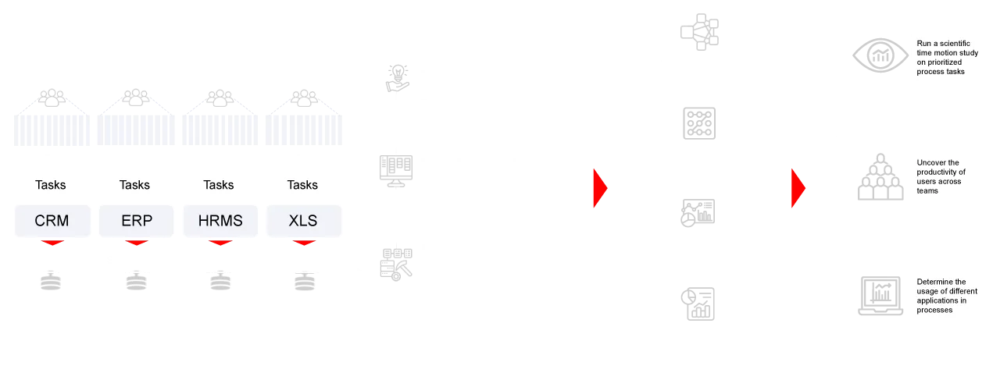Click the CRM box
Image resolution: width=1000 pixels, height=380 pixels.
pyautogui.click(x=52, y=221)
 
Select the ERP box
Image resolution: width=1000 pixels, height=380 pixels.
pyautogui.click(x=137, y=221)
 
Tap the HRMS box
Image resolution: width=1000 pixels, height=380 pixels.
pyautogui.click(x=221, y=221)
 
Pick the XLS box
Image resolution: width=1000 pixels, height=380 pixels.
pyautogui.click(x=302, y=221)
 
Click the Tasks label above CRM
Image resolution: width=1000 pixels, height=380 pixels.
pyautogui.click(x=51, y=185)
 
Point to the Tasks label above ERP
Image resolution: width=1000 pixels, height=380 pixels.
pyautogui.click(x=134, y=185)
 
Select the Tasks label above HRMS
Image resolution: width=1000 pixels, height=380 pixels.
pyautogui.click(x=219, y=185)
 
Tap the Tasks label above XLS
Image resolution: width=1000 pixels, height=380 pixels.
pyautogui.click(x=302, y=185)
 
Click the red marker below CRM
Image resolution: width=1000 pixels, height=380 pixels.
pyautogui.click(x=52, y=245)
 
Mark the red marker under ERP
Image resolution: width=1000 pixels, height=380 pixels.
pyautogui.click(x=136, y=245)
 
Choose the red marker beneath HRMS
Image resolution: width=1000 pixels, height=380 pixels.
pyautogui.click(x=220, y=245)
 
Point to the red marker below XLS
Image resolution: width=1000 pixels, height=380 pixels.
pyautogui.click(x=303, y=245)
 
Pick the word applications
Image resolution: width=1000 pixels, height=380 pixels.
pyautogui.click(x=936, y=300)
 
